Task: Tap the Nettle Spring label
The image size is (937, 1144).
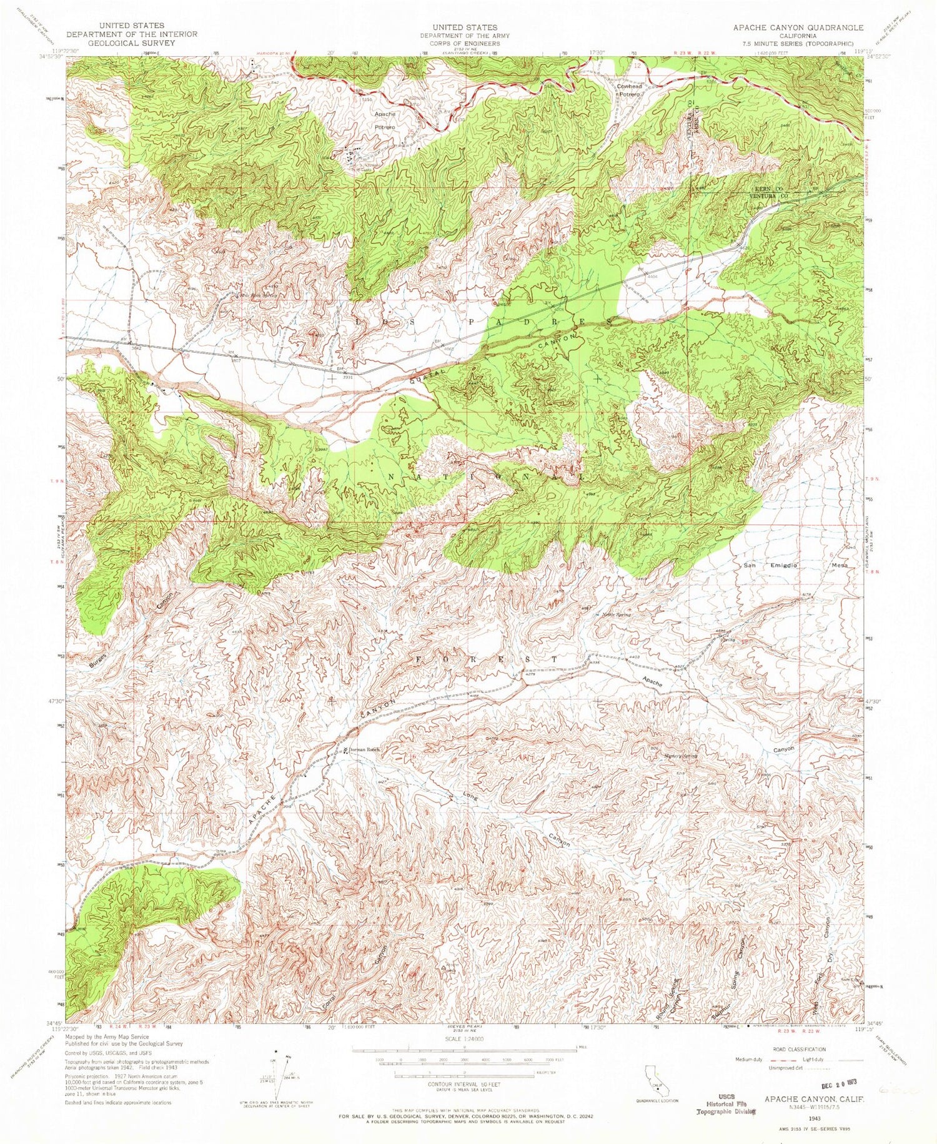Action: (617, 615)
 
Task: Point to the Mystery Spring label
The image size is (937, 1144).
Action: (680, 756)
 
